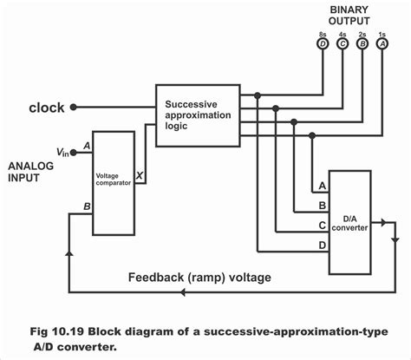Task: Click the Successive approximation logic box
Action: point(198,115)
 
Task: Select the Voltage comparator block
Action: point(113,181)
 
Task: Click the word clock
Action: point(45,108)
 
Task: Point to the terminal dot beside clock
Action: point(74,108)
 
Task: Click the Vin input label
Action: point(62,152)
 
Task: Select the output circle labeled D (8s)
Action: point(323,42)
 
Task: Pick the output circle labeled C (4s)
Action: point(343,42)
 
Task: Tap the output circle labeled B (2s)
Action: point(363,42)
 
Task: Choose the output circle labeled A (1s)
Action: point(383,42)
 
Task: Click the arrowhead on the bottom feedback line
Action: point(182,292)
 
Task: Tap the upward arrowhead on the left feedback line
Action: point(69,252)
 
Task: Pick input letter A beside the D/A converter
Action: point(322,186)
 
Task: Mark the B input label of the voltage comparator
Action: point(86,206)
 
